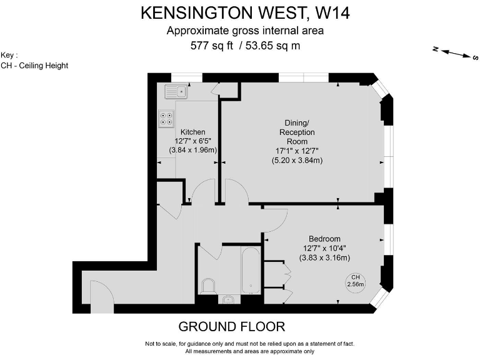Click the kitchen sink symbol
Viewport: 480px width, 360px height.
[x=176, y=92]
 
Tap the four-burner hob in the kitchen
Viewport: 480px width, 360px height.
[x=167, y=119]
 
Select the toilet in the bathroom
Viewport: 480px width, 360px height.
[x=209, y=287]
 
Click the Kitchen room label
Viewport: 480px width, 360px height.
[x=192, y=132]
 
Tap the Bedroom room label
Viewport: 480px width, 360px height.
[x=324, y=239]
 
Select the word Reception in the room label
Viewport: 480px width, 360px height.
[x=296, y=132]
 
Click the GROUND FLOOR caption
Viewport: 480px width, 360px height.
[x=231, y=326]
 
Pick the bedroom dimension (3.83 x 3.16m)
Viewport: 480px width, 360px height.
[x=324, y=257]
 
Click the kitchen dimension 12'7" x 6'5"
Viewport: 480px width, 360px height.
[x=192, y=141]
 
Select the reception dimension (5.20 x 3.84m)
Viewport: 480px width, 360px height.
[x=296, y=160]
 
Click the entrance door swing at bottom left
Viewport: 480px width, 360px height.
[x=101, y=295]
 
